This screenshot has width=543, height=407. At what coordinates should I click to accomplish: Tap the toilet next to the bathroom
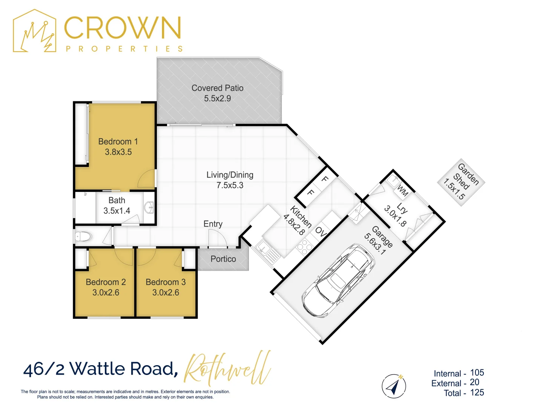(x=83, y=237)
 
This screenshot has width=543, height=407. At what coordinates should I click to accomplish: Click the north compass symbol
(x=394, y=386)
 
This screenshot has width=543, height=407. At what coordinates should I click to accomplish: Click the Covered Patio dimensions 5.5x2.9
(x=217, y=98)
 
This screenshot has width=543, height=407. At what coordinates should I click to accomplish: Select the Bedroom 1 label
(x=118, y=142)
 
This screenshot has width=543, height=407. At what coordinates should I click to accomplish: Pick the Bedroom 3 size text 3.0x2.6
(x=166, y=292)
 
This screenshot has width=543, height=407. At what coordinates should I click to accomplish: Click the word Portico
(x=223, y=259)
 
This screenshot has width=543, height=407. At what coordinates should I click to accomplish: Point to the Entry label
(x=213, y=224)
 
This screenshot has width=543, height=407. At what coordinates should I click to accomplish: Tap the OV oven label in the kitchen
(x=321, y=231)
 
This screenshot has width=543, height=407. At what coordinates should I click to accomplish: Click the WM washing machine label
(x=402, y=191)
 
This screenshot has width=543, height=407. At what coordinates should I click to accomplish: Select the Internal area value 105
(x=477, y=373)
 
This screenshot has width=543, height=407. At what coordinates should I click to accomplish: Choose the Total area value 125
(x=477, y=393)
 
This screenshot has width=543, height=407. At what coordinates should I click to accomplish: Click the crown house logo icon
(x=35, y=32)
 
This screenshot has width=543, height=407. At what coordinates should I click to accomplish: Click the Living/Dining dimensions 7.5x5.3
(x=230, y=185)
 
